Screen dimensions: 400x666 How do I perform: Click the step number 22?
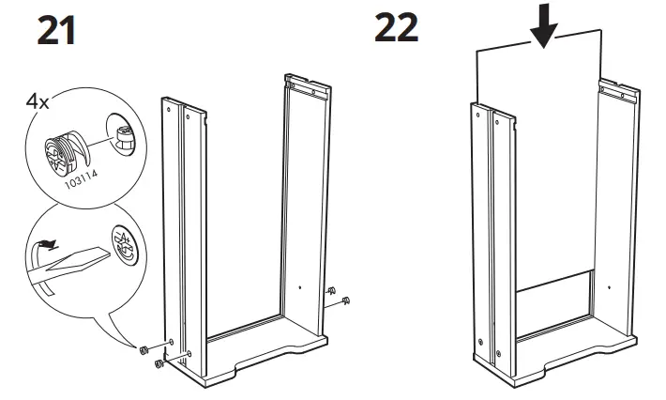396,28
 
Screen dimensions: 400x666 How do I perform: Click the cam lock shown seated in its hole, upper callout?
125,138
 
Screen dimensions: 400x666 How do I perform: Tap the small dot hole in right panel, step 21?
299,287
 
